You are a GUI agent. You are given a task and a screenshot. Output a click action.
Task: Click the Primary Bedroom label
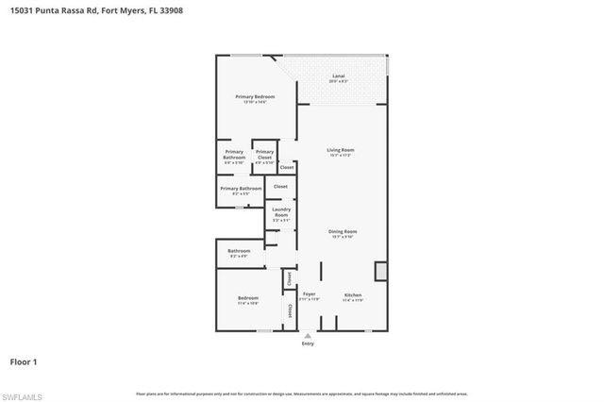tap(255, 97)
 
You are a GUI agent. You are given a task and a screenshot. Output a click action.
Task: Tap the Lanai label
tap(337, 75)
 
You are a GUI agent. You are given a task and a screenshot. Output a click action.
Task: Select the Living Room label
tap(341, 149)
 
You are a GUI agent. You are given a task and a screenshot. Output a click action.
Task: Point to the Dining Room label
tap(342, 231)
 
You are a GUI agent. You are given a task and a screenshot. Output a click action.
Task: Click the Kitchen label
tap(352, 294)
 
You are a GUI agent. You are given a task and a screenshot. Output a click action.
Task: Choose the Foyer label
tap(310, 294)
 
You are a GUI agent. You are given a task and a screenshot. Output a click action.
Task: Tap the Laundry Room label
tap(281, 212)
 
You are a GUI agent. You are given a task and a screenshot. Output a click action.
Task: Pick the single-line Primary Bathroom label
tap(241, 188)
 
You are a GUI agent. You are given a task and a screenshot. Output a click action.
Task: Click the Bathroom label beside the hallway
tap(239, 251)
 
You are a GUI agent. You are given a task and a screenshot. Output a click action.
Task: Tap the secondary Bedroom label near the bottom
tap(248, 298)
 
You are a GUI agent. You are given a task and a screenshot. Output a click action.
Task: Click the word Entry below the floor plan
tap(308, 343)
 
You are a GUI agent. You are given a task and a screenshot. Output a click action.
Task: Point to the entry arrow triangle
tap(308, 335)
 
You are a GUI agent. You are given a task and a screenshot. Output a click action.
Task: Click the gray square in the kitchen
tap(380, 272)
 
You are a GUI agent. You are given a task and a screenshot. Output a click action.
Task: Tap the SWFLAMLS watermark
tap(22, 393)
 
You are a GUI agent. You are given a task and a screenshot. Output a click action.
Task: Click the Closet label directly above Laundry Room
tap(280, 187)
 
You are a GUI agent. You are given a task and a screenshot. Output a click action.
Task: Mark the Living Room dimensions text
tap(341, 155)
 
